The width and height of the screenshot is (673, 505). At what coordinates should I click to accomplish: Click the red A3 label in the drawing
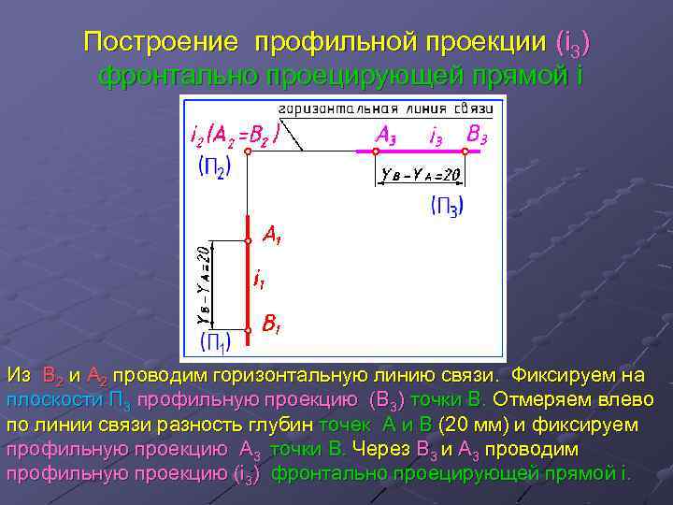coord(385,135)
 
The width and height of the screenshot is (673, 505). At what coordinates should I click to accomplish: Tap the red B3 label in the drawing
coord(477,135)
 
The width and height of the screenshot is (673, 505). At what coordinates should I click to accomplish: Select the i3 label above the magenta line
coord(436,136)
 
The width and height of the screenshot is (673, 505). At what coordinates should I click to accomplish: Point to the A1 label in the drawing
coord(272,235)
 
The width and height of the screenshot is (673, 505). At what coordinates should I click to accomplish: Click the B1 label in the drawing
coord(272,326)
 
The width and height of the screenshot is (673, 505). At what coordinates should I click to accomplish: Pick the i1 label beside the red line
coord(261,278)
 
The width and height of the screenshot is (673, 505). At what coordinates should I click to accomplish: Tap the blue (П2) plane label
coord(214,169)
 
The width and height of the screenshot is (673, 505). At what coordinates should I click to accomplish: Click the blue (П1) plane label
coord(214,341)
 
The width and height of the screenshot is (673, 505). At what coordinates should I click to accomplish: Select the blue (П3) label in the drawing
coord(448,205)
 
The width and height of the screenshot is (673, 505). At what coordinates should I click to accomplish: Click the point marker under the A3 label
coord(376,151)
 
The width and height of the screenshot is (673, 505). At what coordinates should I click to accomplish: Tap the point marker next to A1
coord(249,241)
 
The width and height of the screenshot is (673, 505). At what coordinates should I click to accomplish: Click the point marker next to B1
coord(249,329)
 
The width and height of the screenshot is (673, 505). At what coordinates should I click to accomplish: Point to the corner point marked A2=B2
coord(247,151)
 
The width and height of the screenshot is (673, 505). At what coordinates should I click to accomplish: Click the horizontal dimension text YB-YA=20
coord(421,174)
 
